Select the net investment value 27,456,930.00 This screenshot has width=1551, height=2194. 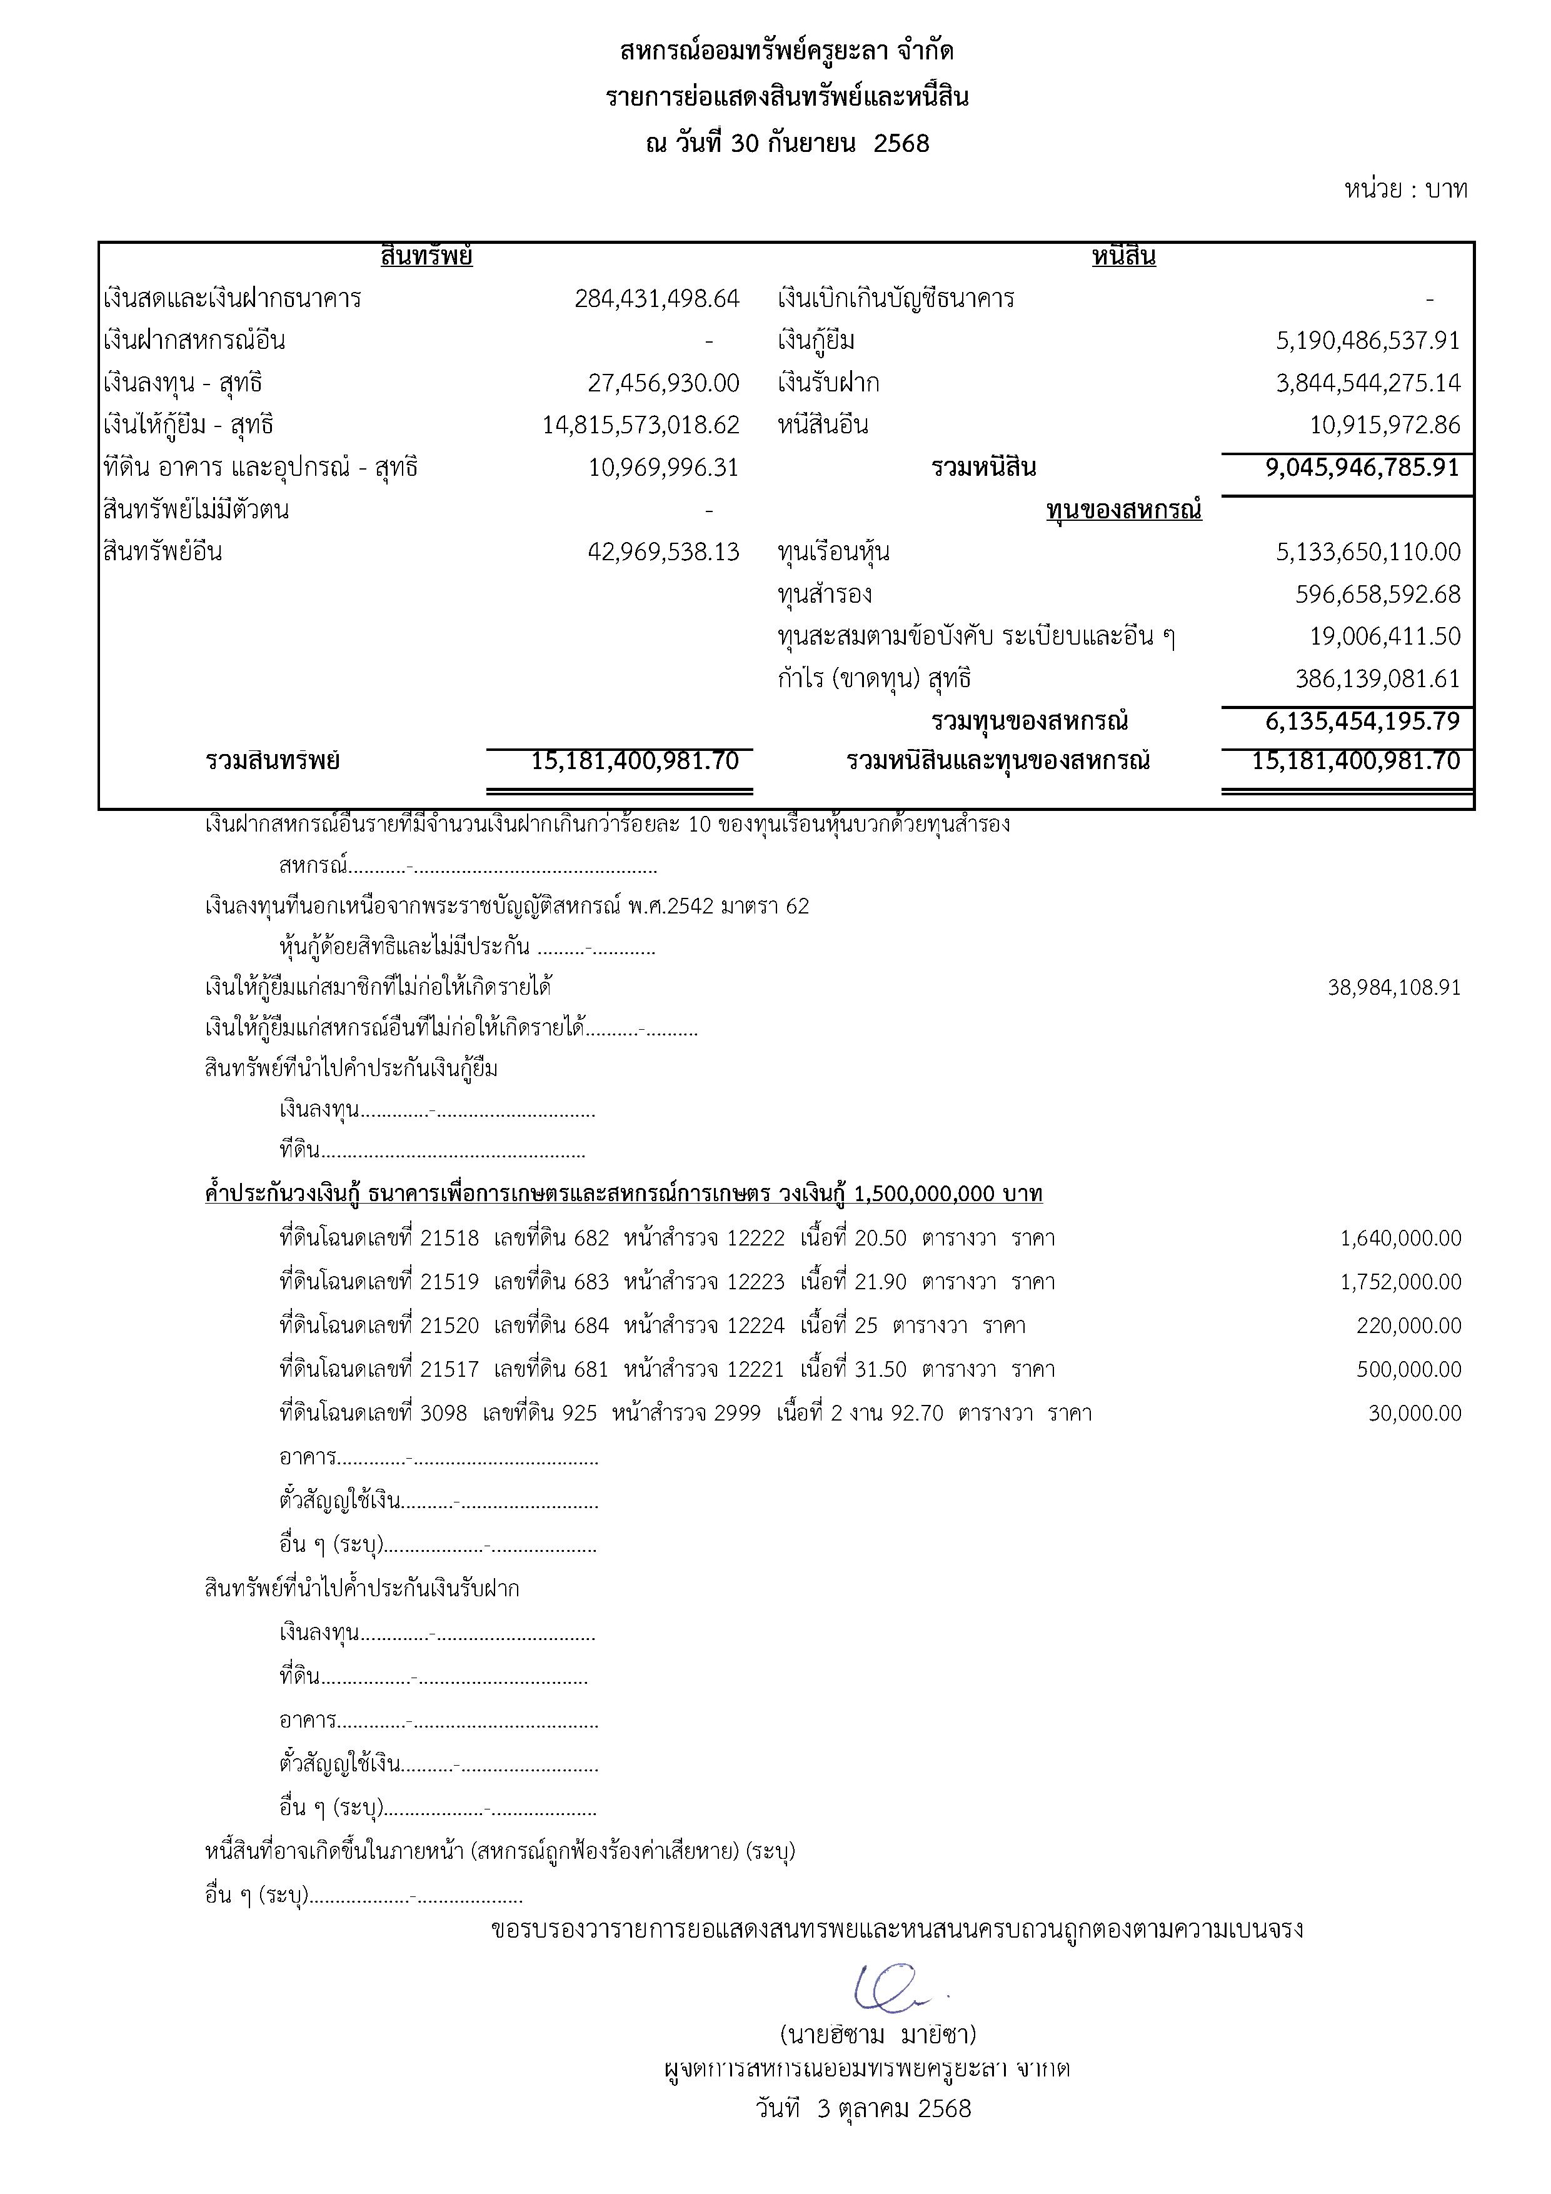pos(663,383)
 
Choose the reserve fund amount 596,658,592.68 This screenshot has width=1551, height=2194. pos(1377,595)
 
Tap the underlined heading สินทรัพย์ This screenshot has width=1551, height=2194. pos(426,256)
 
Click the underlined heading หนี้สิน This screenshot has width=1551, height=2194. pos(1124,256)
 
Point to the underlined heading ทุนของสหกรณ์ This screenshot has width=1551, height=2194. pos(1124,510)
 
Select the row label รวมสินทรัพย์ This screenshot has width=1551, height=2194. pos(273,762)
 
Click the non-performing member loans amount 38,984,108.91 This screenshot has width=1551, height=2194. pos(1393,987)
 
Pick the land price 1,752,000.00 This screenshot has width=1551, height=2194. pos(1400,1281)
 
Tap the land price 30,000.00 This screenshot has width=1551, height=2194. pos(1414,1413)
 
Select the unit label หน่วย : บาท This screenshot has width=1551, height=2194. pos(1405,189)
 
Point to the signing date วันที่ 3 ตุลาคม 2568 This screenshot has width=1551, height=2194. pos(862,2108)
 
